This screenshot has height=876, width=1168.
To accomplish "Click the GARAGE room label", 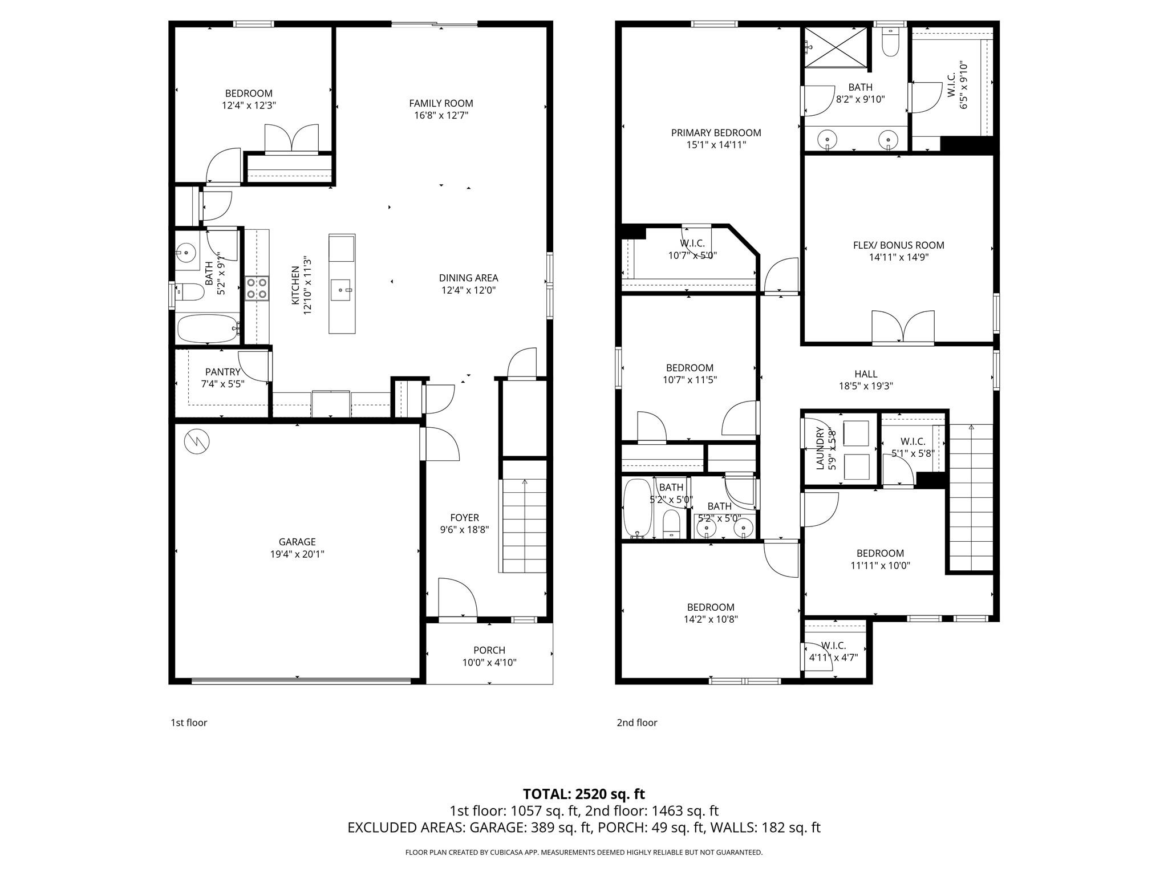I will [x=297, y=542].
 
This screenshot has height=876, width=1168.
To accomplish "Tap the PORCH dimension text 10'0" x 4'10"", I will [x=489, y=663].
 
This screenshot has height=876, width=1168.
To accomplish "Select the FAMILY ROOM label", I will [x=441, y=103].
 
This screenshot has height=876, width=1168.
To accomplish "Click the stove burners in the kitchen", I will [x=257, y=288].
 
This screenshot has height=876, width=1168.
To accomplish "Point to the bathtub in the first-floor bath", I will [x=207, y=328].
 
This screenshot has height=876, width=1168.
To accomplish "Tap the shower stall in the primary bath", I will [x=836, y=48].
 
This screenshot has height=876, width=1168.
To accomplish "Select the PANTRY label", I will [x=222, y=372].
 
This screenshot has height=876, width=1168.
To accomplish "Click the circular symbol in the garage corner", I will [x=197, y=441].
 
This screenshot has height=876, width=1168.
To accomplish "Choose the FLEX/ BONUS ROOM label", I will [x=898, y=245].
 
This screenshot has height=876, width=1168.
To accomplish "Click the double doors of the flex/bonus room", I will [x=903, y=328].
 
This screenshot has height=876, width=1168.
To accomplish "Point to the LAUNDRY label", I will [x=820, y=448].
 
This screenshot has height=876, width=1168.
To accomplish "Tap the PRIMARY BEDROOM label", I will [x=716, y=133].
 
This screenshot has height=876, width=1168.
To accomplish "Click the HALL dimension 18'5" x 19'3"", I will [x=865, y=386].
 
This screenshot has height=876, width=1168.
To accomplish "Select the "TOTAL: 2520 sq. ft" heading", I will [x=583, y=794].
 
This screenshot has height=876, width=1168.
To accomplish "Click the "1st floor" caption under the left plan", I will [x=189, y=723].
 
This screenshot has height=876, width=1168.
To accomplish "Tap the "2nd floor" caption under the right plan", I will [x=636, y=723].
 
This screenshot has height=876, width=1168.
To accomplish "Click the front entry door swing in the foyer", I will [x=457, y=599].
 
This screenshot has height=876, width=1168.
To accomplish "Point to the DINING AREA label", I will [x=468, y=278].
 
